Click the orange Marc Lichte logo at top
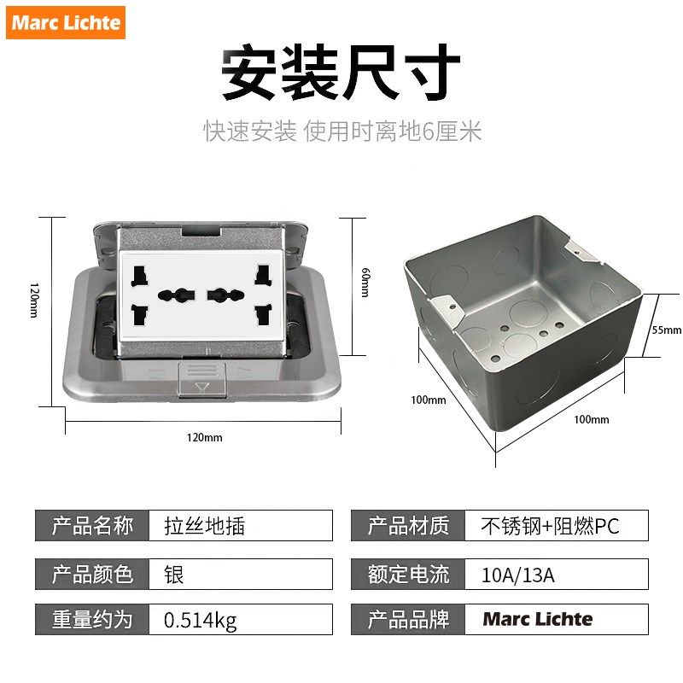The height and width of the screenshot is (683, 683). (x=67, y=22)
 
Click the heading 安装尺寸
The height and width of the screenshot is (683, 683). (x=341, y=73)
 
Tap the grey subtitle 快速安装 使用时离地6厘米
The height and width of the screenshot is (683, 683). (x=342, y=131)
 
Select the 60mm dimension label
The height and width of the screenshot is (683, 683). (x=365, y=283)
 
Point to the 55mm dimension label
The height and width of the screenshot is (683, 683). (x=667, y=330)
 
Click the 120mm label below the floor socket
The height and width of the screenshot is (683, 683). (x=204, y=437)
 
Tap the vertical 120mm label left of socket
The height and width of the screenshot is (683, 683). (x=33, y=300)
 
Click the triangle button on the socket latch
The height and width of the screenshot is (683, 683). (x=202, y=386)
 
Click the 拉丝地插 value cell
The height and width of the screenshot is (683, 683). (x=240, y=525)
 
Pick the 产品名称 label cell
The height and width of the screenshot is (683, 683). (x=92, y=525)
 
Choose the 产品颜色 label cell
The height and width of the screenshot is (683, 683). (x=92, y=574)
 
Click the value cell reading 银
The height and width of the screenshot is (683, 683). (x=240, y=574)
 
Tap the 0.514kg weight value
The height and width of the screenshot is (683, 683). (x=240, y=619)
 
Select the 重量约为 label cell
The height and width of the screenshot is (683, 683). (x=92, y=619)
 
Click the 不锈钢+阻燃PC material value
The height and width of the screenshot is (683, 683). (x=556, y=525)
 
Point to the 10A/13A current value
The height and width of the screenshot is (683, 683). (x=556, y=574)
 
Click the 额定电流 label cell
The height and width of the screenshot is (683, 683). (x=408, y=574)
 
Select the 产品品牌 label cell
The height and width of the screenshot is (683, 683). (x=408, y=619)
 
